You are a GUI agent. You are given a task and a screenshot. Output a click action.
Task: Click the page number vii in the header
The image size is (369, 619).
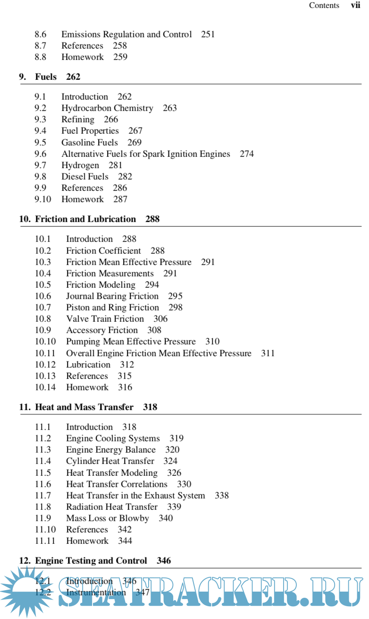355,6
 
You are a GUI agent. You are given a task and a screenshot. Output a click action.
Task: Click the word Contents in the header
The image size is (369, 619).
324,6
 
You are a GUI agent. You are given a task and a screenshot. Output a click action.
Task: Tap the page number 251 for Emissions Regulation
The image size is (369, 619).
208,34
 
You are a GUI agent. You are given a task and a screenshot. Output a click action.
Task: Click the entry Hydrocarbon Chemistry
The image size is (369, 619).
107,108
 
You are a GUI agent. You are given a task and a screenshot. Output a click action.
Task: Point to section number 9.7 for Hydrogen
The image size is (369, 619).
41,165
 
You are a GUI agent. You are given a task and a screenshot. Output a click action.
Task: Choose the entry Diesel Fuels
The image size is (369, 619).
85,176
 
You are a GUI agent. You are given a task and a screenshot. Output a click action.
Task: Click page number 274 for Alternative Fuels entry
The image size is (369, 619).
246,154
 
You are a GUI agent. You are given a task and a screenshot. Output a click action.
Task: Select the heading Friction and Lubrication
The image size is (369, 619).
85,219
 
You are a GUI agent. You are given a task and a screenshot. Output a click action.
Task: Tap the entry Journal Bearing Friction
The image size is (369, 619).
112,296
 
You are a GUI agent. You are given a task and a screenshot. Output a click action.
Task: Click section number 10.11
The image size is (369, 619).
45,353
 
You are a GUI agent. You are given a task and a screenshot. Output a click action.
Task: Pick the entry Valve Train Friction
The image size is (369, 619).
105,319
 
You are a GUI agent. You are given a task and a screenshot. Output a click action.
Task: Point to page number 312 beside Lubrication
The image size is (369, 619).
126,364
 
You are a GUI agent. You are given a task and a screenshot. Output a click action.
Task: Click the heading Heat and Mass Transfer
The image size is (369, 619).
84,407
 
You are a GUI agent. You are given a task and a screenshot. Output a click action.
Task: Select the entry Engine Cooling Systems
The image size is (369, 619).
113,438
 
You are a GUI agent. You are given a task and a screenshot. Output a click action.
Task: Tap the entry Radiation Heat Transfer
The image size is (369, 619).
112,507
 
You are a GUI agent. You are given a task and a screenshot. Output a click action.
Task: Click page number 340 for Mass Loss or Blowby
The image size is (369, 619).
166,518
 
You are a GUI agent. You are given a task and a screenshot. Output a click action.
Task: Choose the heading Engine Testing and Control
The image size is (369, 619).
91,561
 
